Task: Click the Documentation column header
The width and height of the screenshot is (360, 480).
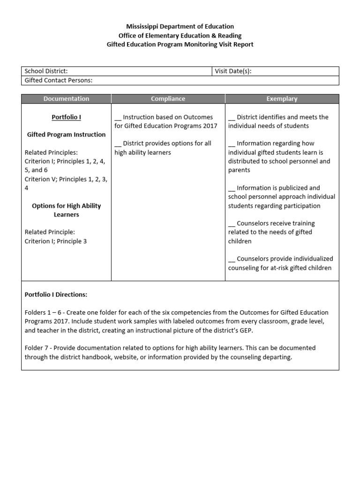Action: point(66,99)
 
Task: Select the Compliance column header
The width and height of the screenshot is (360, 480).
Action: point(168,99)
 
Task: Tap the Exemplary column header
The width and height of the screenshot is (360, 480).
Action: point(282,99)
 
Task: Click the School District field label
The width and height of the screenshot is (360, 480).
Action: point(46,71)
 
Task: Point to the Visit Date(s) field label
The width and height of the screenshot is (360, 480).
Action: point(233,71)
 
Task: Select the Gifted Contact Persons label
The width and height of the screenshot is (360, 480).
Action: point(59,80)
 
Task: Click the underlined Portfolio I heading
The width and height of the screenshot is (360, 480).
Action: point(66,117)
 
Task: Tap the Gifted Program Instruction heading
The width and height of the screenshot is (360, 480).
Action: point(66,135)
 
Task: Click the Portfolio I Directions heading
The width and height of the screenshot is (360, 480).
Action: point(56,295)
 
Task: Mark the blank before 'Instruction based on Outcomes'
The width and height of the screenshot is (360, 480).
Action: point(118,117)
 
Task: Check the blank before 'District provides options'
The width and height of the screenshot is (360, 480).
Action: point(118,143)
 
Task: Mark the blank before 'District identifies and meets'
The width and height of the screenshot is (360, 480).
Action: point(232,117)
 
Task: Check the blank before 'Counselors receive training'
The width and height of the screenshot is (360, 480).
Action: point(232,224)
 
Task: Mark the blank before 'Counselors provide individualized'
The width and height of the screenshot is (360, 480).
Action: point(232,259)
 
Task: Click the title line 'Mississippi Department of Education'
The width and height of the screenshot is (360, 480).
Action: point(180,27)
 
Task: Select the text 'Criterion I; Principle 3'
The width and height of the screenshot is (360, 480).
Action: point(56,241)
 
